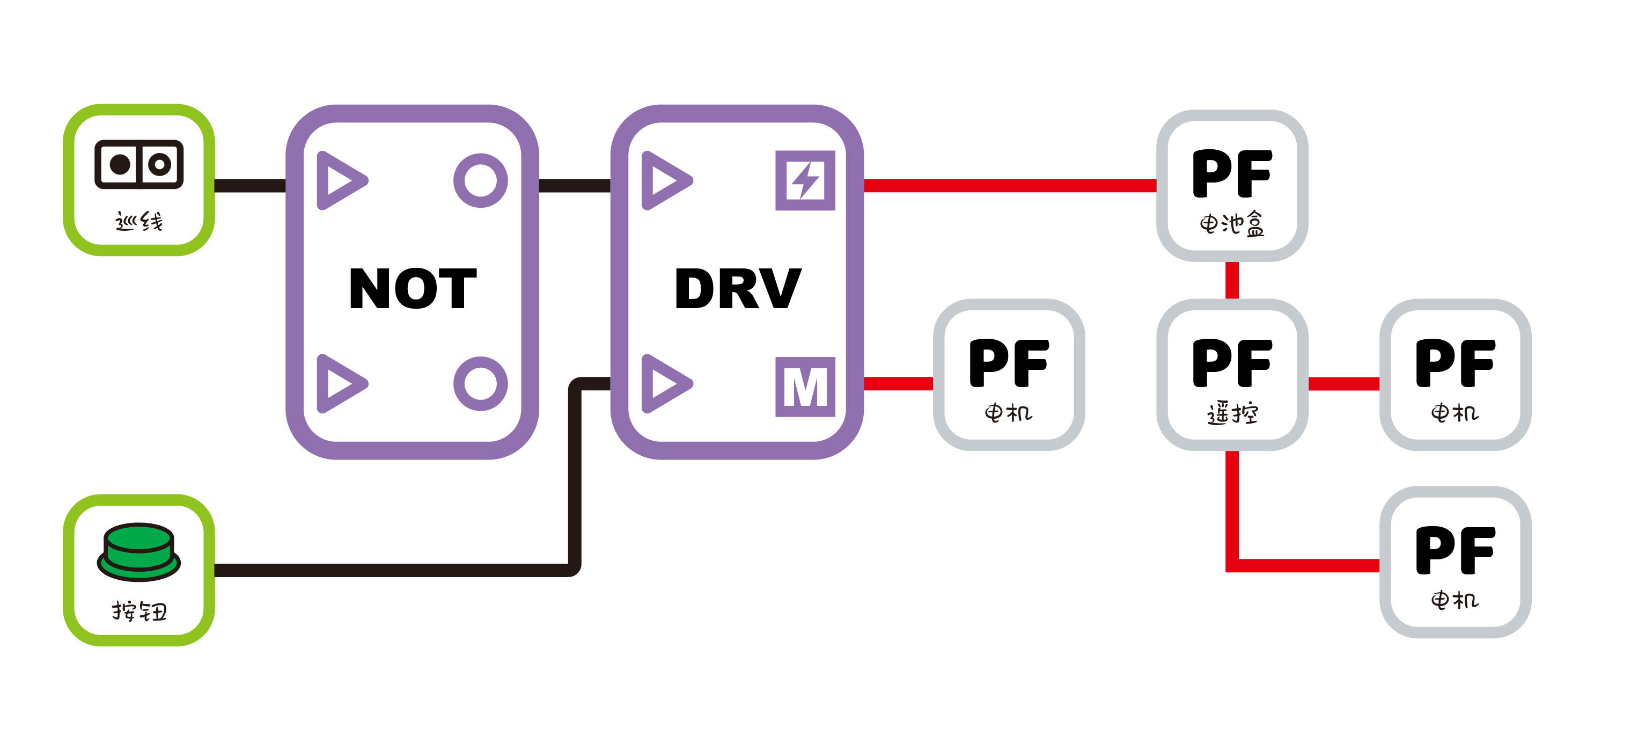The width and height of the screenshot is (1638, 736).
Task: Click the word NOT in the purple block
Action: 413,288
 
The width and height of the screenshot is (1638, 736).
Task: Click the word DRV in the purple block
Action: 737,288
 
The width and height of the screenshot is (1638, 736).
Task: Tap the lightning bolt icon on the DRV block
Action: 805,181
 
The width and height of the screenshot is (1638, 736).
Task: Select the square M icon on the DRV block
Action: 805,386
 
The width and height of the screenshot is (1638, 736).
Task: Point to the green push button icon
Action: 138,551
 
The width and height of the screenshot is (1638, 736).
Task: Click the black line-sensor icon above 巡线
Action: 138,165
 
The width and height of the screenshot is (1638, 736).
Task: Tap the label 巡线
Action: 138,221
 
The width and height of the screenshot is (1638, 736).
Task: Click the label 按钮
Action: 138,611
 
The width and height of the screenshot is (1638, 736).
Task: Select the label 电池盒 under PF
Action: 1232,224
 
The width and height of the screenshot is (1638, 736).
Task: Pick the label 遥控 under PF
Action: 1232,413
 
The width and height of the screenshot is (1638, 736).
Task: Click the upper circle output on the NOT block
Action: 480,181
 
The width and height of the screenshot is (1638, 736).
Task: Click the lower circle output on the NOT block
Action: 480,384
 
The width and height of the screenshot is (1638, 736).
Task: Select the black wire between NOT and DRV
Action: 574,186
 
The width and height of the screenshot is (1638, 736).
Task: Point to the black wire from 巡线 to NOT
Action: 250,186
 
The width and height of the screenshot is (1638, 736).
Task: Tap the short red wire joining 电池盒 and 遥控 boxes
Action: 1232,280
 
